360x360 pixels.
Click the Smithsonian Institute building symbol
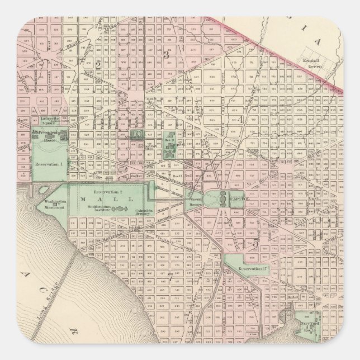tap(119, 209)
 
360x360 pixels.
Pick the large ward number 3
tap(167, 55)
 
